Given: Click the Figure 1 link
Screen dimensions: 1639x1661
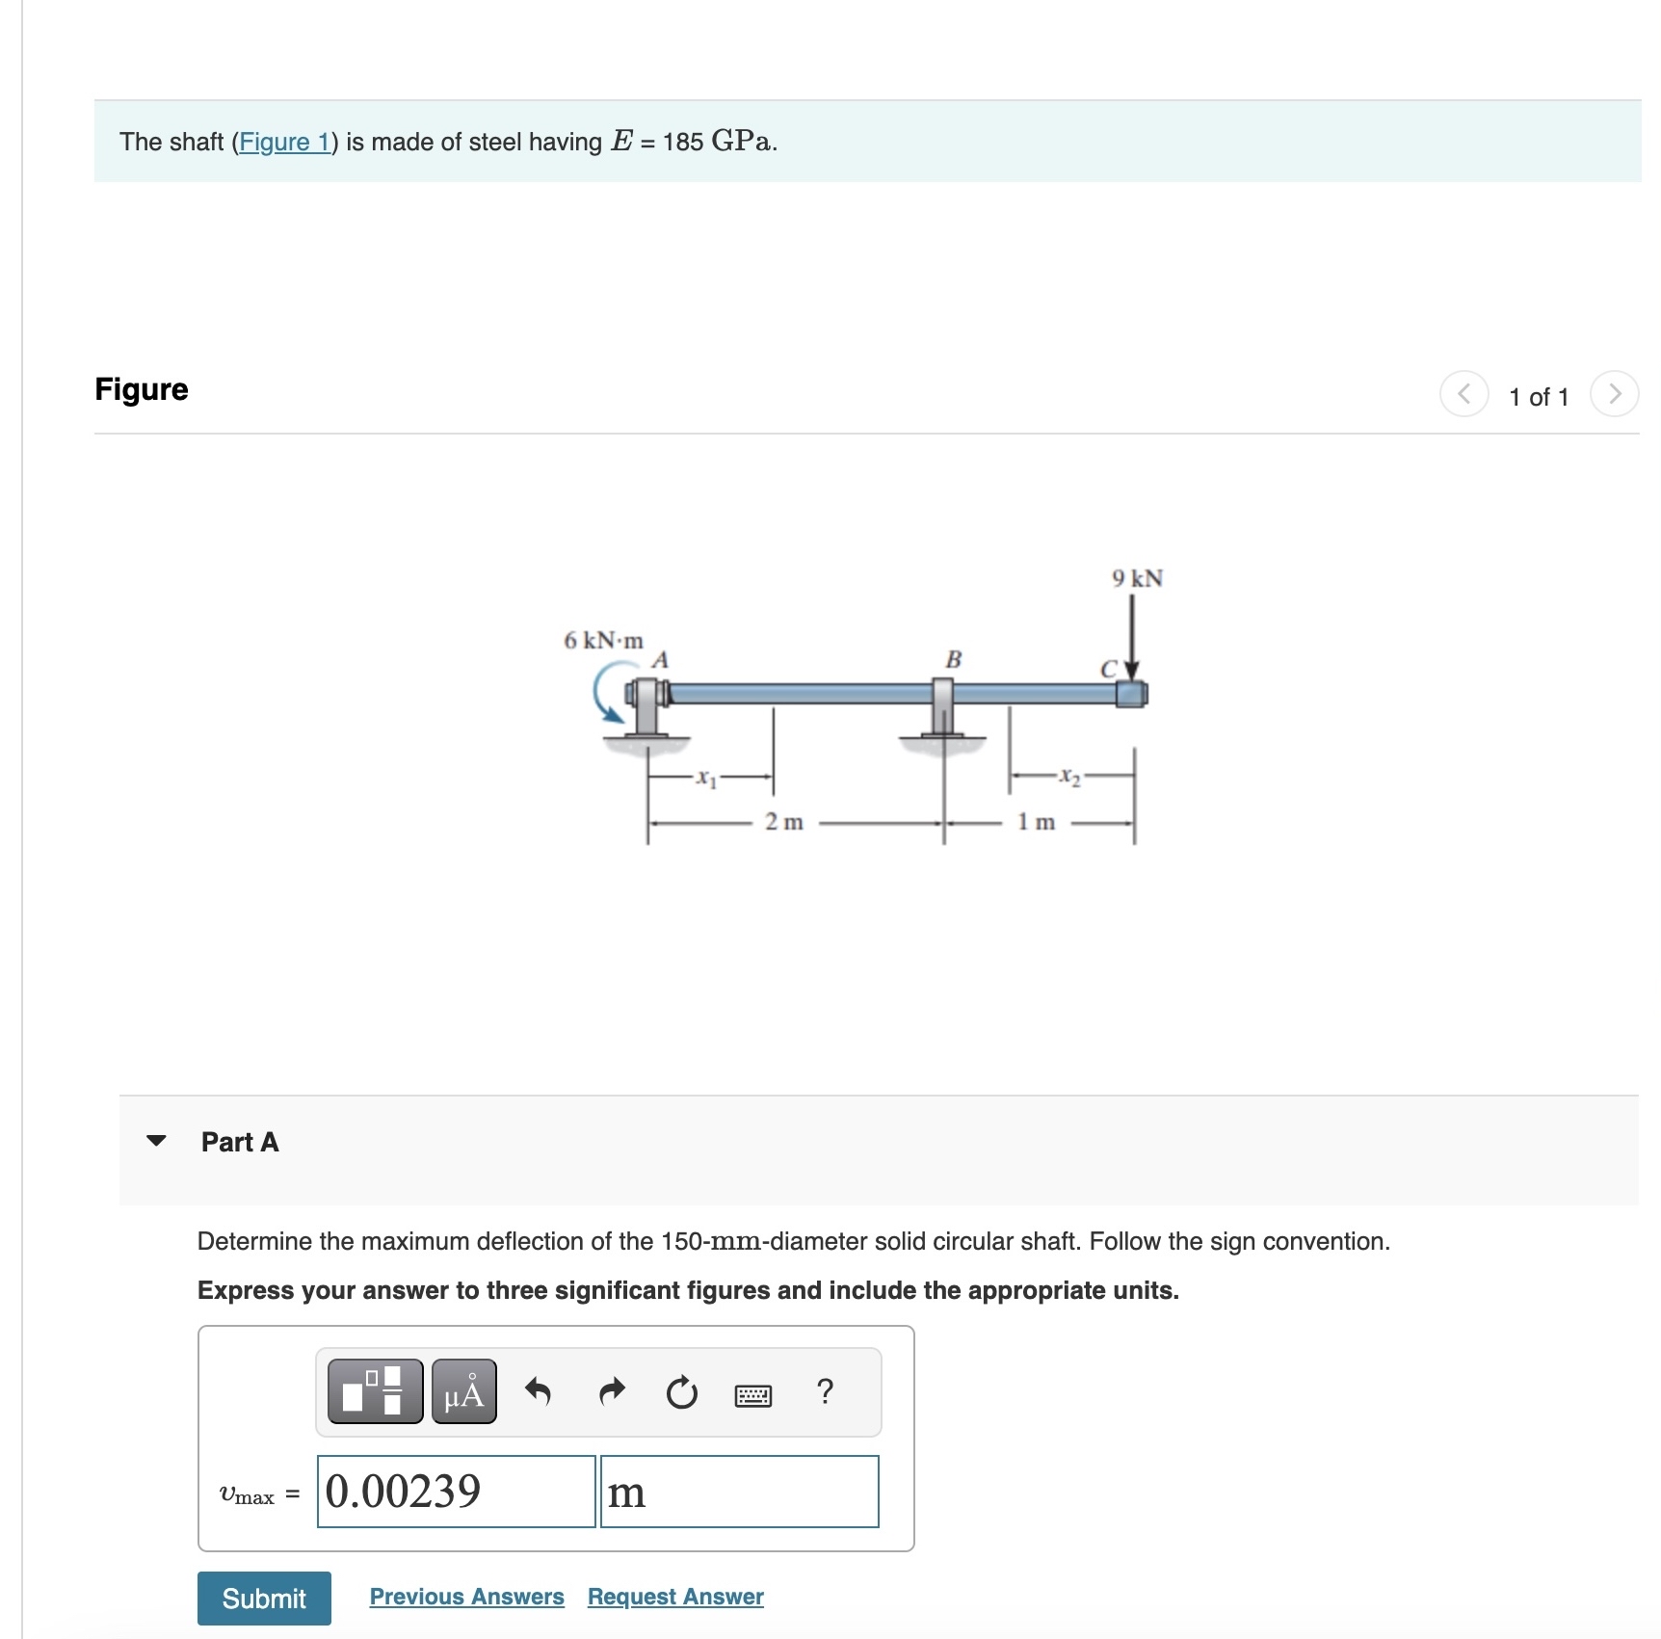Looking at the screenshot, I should click(x=283, y=143).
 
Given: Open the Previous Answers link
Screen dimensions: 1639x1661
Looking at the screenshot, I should click(x=466, y=1597).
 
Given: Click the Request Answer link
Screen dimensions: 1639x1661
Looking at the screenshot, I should click(x=675, y=1597).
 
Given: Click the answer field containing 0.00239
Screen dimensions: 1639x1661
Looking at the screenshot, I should click(x=456, y=1492).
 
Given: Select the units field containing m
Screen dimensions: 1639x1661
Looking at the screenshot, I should click(x=739, y=1492).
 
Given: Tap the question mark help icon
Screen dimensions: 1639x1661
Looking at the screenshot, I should click(x=824, y=1392).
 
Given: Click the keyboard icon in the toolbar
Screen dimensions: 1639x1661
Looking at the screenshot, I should click(x=752, y=1394).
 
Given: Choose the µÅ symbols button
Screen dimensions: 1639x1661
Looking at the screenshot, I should click(x=463, y=1392).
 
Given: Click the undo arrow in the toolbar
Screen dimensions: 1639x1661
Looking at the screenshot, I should click(x=538, y=1392).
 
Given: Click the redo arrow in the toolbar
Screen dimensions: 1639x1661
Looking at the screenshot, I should click(x=611, y=1392).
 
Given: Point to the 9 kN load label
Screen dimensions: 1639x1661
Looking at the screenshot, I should click(x=1137, y=578).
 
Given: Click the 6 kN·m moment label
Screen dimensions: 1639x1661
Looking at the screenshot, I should click(x=603, y=641).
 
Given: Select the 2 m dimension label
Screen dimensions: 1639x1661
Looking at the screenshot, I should click(x=783, y=822).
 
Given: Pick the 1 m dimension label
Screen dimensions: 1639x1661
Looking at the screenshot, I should click(x=1037, y=822).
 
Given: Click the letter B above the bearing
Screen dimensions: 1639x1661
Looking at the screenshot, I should click(x=953, y=660).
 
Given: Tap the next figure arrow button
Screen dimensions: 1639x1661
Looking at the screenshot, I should click(x=1614, y=394).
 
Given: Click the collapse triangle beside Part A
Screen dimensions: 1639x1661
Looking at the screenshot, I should click(x=156, y=1141).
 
